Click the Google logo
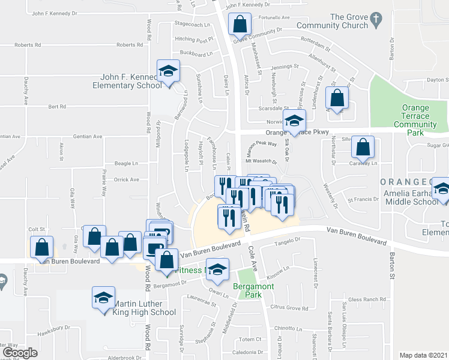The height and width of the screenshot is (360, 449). (x=19, y=353)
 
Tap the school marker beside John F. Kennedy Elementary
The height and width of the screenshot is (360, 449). (x=169, y=71)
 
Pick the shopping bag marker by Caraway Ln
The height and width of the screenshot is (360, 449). (x=363, y=147)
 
